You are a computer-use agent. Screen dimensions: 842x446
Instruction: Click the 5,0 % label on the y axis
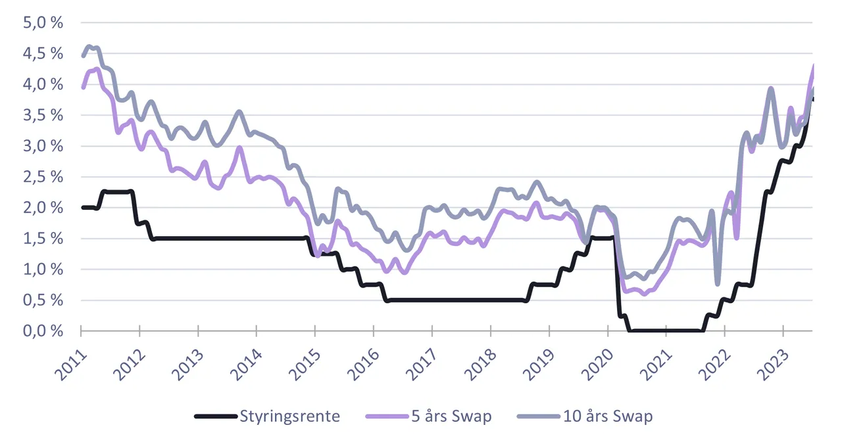click(x=43, y=22)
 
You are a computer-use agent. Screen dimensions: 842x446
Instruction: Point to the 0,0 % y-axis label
click(x=43, y=331)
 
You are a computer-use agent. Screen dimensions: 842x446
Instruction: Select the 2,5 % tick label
click(x=43, y=177)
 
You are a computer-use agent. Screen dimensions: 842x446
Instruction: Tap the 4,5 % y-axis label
click(x=43, y=53)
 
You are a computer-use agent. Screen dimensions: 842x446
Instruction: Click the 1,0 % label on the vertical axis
click(x=43, y=269)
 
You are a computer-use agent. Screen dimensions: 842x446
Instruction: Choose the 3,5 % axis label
click(x=43, y=115)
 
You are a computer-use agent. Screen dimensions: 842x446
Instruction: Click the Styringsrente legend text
click(x=290, y=416)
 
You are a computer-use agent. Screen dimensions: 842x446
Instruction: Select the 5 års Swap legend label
click(x=451, y=416)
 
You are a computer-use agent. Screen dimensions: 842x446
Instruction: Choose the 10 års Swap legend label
click(x=608, y=416)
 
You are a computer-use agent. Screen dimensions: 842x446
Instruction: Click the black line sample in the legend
click(x=216, y=416)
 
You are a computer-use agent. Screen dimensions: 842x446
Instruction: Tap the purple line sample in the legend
click(x=387, y=416)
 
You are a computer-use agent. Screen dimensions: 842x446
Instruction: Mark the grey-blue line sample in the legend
click(x=539, y=416)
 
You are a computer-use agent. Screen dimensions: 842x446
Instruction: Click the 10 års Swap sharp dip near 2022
click(x=718, y=284)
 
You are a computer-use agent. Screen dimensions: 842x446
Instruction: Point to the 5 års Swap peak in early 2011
click(x=97, y=69)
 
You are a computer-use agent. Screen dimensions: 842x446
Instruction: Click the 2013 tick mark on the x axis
click(x=198, y=331)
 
